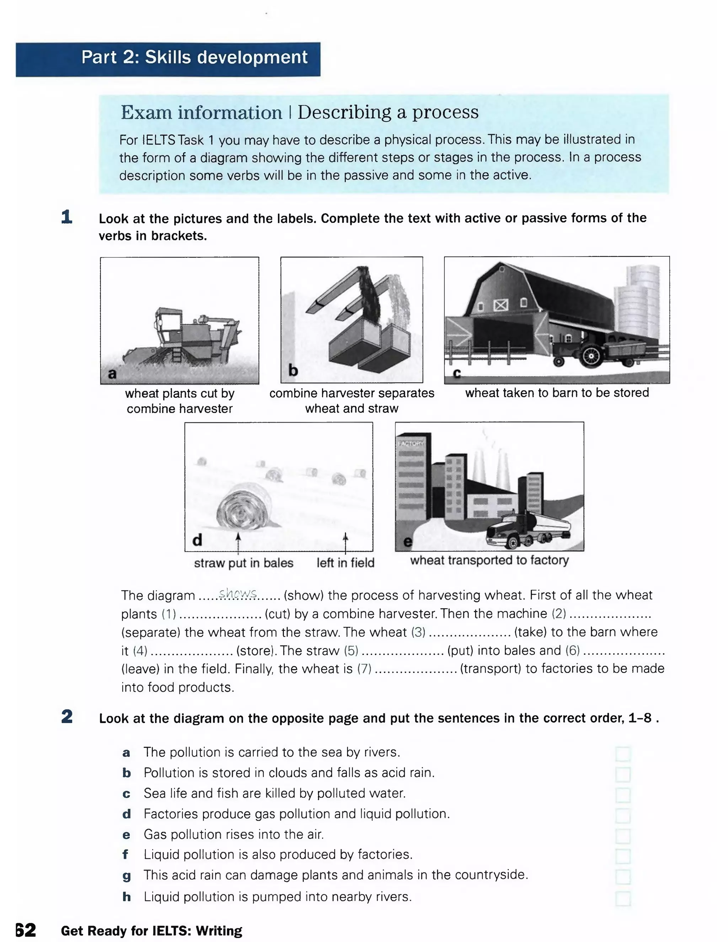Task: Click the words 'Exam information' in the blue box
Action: (x=201, y=113)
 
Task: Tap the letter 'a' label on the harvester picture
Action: (x=112, y=374)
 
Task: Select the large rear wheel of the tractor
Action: (x=590, y=356)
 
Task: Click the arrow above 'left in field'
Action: (x=345, y=543)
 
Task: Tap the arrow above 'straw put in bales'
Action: (x=238, y=543)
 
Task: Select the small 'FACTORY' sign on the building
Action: (x=411, y=443)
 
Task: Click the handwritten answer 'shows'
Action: (x=238, y=594)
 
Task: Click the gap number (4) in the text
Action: (x=140, y=651)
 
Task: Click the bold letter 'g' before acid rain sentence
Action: (x=126, y=876)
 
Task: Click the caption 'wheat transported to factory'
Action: (x=489, y=560)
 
